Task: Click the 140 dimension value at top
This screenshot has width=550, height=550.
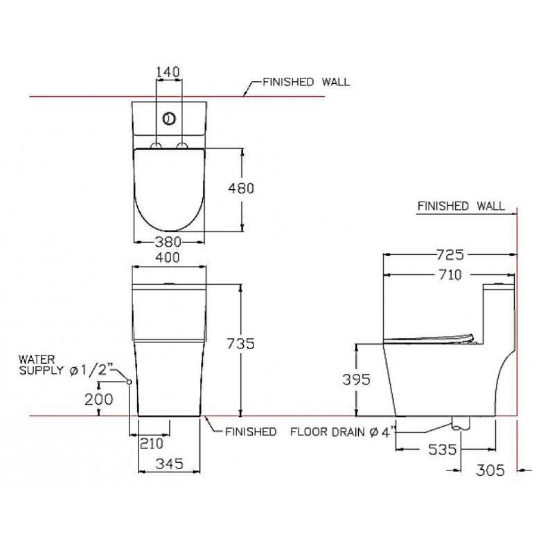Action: pyautogui.click(x=168, y=72)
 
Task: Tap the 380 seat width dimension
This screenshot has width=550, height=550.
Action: pyautogui.click(x=168, y=242)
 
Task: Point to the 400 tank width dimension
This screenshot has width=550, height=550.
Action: pyautogui.click(x=168, y=257)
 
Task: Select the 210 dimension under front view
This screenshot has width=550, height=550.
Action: pyautogui.click(x=151, y=444)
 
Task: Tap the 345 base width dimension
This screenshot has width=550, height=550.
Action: pyautogui.click(x=168, y=464)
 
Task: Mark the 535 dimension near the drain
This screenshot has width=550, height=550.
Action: pyautogui.click(x=443, y=449)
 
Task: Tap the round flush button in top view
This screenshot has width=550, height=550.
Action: pyautogui.click(x=169, y=119)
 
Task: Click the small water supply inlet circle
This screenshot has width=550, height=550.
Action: pyautogui.click(x=129, y=382)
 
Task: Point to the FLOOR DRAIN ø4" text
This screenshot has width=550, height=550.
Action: pyautogui.click(x=343, y=432)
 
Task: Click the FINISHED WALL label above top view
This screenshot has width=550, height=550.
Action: pyautogui.click(x=306, y=82)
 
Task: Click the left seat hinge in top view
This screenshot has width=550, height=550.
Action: pyautogui.click(x=156, y=146)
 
